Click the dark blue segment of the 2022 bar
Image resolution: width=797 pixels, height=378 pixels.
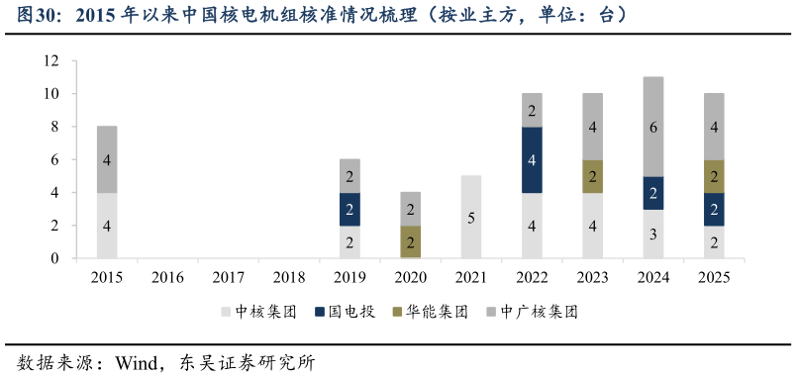(532, 159)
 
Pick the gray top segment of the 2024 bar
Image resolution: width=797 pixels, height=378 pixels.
(652, 127)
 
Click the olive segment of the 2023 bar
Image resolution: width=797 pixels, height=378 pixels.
(592, 176)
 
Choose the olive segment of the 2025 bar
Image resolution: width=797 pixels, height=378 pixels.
(714, 176)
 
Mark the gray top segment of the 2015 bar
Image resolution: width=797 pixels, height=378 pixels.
(107, 159)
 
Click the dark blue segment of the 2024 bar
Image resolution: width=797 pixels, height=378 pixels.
(652, 192)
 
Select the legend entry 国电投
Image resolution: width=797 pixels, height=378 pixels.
(346, 312)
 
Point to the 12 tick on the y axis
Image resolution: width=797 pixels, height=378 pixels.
(52, 61)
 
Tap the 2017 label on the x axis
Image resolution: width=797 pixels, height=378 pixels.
(229, 277)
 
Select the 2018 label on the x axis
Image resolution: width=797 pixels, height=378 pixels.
(289, 277)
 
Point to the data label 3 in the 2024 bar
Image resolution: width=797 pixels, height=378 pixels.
(652, 234)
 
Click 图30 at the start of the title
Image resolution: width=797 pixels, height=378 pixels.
(40, 17)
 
